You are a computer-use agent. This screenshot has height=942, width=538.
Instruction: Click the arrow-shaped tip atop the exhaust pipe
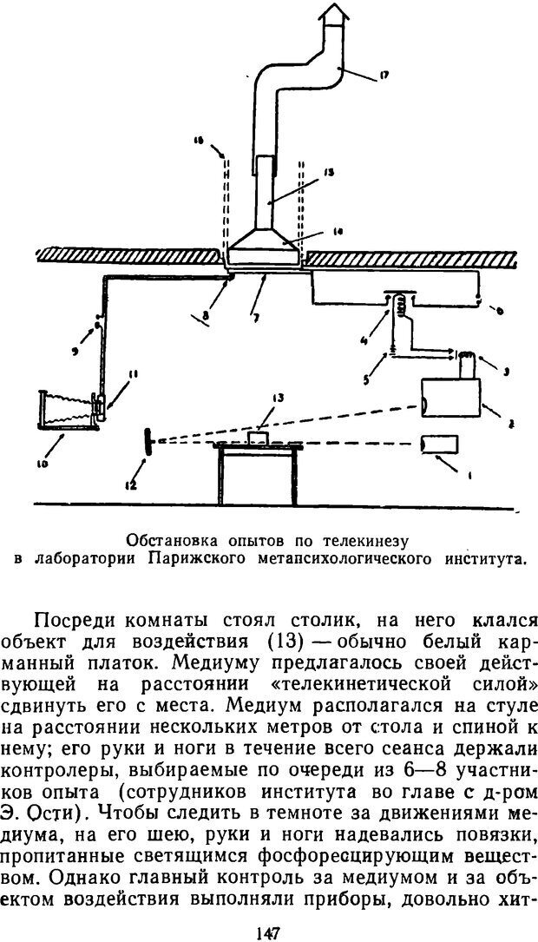[335, 16]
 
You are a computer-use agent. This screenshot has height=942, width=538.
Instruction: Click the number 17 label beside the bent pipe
[383, 76]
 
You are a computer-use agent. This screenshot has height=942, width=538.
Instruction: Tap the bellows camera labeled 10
[66, 409]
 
